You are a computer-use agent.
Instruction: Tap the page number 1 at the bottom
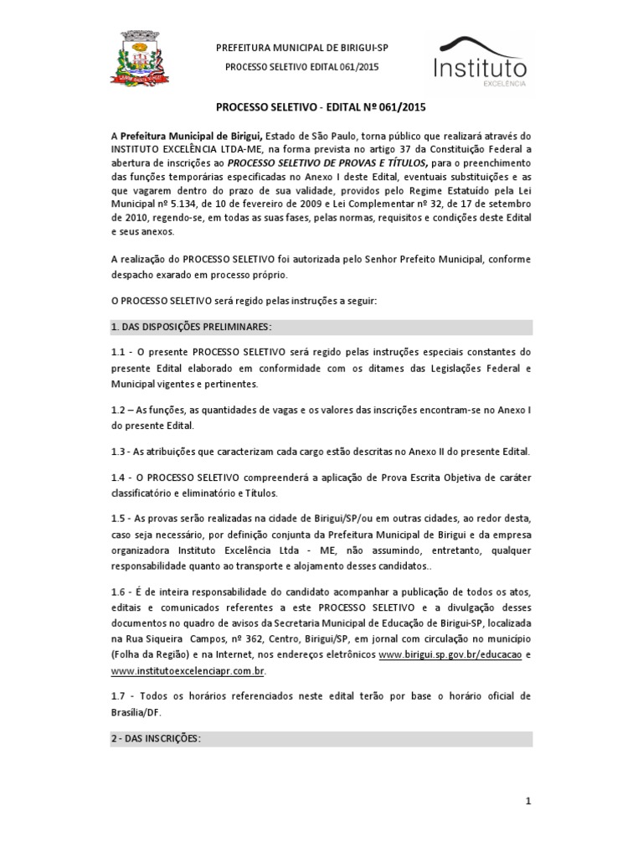click(529, 802)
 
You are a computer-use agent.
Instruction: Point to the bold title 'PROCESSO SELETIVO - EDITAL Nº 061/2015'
click(321, 108)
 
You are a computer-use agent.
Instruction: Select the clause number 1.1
click(118, 353)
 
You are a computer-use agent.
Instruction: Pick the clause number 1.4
click(118, 477)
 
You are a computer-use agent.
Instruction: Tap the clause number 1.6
click(118, 592)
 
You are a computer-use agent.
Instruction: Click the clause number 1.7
click(118, 696)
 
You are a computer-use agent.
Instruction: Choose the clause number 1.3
click(118, 452)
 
